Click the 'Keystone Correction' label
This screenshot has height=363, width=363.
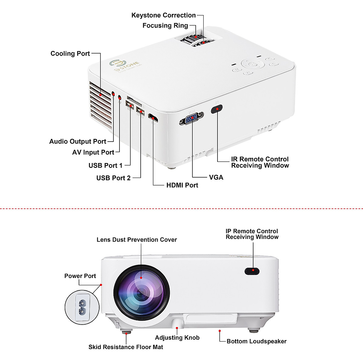(x=163, y=15)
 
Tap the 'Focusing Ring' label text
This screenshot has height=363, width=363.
(x=165, y=26)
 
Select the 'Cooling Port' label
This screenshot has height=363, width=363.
(x=70, y=54)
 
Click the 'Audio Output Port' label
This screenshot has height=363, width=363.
(x=78, y=142)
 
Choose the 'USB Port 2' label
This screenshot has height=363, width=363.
(x=113, y=178)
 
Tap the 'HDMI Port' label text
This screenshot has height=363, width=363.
(x=182, y=185)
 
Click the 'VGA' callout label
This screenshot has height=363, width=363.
(x=216, y=178)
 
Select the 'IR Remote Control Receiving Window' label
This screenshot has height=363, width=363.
(x=260, y=162)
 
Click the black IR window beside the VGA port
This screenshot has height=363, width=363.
(x=217, y=109)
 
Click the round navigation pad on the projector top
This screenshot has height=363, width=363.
(x=253, y=64)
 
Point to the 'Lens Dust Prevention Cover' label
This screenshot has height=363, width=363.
(x=137, y=240)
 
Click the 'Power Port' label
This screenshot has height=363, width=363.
(x=80, y=276)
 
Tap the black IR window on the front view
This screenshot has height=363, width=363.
(x=252, y=271)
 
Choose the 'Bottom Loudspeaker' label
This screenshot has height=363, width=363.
(x=257, y=342)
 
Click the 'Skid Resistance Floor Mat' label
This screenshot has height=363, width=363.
(x=126, y=347)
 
